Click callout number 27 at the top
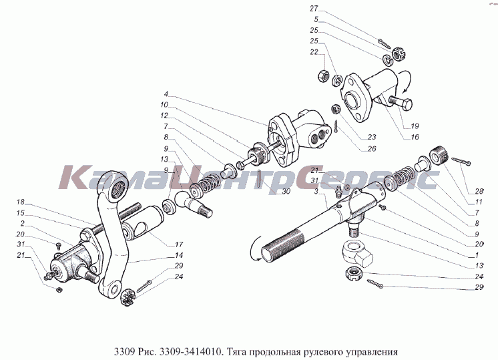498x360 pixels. click(314, 9)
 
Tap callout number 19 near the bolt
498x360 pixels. click(415, 126)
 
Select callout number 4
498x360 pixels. click(166, 94)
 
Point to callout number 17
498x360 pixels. click(179, 244)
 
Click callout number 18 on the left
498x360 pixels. click(20, 202)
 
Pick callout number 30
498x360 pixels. click(286, 191)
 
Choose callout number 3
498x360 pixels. click(316, 191)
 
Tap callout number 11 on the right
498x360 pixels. click(479, 202)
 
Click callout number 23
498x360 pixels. click(372, 137)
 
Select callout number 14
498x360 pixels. click(179, 255)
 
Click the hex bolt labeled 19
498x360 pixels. click(401, 102)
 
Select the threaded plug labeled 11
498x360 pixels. click(439, 155)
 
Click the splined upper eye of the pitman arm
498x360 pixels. click(115, 188)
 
